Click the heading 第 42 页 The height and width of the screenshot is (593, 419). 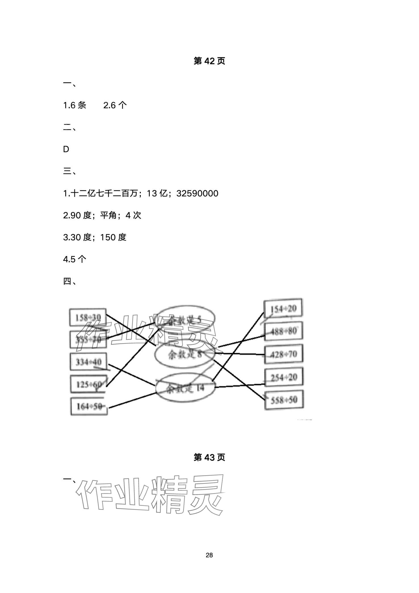pos(209,61)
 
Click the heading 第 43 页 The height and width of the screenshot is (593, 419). pos(209,457)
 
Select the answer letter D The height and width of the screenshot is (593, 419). pos(66,149)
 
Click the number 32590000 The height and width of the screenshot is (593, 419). pos(197,194)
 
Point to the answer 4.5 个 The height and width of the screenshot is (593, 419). pos(74,259)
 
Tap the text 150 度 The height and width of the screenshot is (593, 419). pos(113,237)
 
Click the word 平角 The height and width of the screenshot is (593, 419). pos(108,215)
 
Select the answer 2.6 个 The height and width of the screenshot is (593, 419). pos(115,105)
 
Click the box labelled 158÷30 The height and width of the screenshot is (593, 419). pos(88,317)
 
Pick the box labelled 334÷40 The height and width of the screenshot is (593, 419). pos(88,362)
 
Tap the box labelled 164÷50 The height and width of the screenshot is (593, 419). pos(89,406)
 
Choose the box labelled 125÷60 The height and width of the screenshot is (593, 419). pos(89,384)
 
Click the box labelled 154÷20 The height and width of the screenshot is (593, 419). pos(283,309)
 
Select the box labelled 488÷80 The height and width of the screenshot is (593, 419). pos(283,331)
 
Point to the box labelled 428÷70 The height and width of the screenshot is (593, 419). pos(284,354)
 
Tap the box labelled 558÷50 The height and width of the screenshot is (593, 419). pos(284,400)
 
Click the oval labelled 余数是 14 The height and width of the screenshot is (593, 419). pos(185,388)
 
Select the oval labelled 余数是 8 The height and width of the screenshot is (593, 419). pos(184,354)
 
